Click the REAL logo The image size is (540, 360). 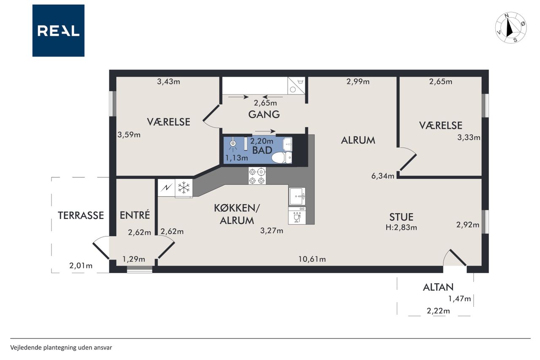coord(58,31)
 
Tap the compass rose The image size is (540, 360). coord(510,28)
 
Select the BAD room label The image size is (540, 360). coord(262,150)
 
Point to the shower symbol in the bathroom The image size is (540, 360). coord(233,145)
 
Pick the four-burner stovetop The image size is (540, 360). coord(257,176)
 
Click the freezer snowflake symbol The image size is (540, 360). coord(184,187)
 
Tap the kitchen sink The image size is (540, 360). coord(297,196)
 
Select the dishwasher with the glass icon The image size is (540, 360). coord(297,216)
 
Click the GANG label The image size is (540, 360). coord(264,114)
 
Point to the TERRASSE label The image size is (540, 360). coord(81,215)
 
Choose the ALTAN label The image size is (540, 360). coord(438,287)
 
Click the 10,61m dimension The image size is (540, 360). coord(312,259)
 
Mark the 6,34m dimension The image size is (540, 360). coord(383,176)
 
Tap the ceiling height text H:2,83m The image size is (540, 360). coord(401,227)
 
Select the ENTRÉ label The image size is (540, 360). coord(135,215)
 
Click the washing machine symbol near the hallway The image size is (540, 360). coord(296,86)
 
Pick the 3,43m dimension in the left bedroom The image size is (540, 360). coord(168,82)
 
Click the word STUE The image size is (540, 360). coord(401,217)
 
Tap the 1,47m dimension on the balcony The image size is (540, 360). coord(459,299)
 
